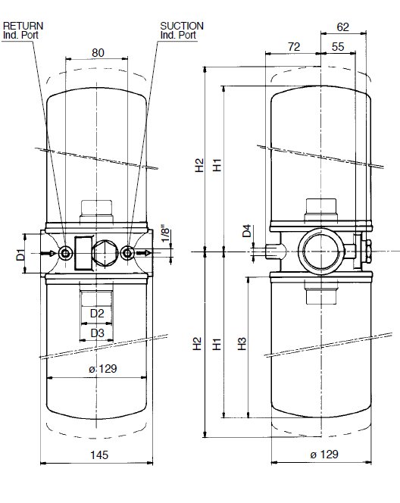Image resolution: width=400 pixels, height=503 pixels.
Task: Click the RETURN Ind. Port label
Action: [23, 30]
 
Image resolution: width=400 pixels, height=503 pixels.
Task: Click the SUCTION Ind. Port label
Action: [182, 30]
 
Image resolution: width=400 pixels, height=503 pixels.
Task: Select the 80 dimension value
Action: [98, 52]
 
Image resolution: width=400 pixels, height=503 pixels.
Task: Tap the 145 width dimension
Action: [99, 455]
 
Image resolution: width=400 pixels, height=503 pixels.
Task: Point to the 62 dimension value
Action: [342, 27]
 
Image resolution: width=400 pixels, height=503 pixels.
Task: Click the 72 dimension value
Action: [294, 47]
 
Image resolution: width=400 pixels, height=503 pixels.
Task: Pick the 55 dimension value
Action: [338, 47]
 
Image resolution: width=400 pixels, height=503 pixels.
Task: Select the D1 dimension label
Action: [21, 255]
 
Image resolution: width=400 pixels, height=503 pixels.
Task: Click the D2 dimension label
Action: [97, 314]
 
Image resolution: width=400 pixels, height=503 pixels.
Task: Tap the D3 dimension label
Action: [97, 333]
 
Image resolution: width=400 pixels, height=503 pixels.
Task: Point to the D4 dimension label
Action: [247, 230]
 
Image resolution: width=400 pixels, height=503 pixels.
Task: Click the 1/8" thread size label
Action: [165, 235]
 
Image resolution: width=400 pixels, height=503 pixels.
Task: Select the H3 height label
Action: [242, 344]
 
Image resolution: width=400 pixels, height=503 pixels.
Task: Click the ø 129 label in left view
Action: [102, 369]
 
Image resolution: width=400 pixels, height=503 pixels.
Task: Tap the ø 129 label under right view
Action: [324, 455]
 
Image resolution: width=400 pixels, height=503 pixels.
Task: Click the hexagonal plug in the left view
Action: [105, 253]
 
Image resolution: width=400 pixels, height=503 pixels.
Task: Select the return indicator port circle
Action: [65, 254]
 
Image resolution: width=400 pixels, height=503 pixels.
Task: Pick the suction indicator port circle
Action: [128, 253]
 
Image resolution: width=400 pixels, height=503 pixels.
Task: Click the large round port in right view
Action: [320, 251]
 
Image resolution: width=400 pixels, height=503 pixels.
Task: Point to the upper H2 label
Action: [199, 165]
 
